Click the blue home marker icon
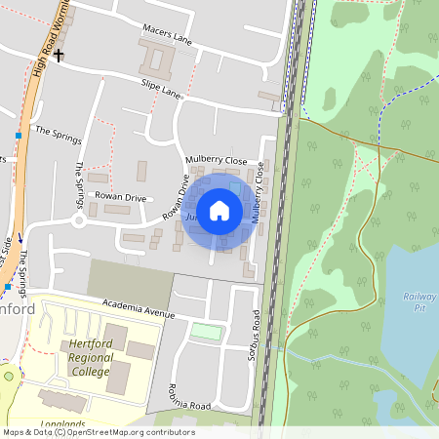click(x=219, y=211)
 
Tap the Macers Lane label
click(x=169, y=36)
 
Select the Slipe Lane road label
click(x=162, y=90)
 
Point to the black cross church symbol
click(x=60, y=56)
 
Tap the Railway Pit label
click(x=416, y=300)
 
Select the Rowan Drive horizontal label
click(x=120, y=196)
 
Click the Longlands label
click(x=64, y=424)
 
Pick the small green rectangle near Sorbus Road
click(x=206, y=332)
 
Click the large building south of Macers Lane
click(x=156, y=60)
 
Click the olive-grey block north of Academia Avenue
click(x=130, y=281)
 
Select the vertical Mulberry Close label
click(x=259, y=192)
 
